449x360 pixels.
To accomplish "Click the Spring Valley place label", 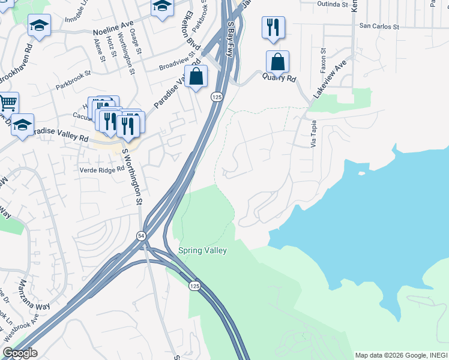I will pos(202,250).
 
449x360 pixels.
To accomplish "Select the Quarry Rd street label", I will pos(283,79).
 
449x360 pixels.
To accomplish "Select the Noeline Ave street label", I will pos(113,28).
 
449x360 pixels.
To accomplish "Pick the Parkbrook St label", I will pos(73,81).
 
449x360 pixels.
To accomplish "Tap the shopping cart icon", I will pos(7,103).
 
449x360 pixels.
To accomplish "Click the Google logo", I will pos(20,353).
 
